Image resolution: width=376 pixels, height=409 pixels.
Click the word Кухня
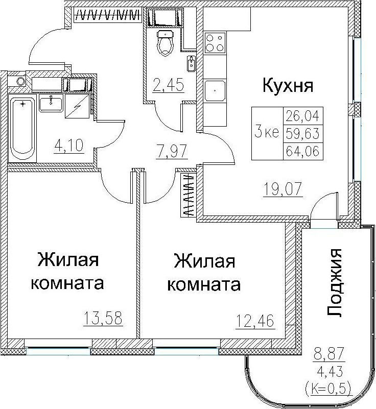point(288,85)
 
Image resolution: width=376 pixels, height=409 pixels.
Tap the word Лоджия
point(334,283)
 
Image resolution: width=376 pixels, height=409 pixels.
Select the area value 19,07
point(283,189)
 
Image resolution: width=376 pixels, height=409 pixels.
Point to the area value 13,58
point(103,318)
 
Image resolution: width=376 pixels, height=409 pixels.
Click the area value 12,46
point(255,321)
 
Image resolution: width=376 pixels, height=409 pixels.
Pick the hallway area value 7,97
point(172,151)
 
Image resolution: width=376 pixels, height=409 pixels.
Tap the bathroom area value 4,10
point(69,146)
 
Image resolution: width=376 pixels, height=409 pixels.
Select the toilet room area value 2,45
point(169,85)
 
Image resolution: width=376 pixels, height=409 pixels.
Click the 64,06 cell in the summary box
point(303,151)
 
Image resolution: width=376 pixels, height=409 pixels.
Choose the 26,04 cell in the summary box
point(303,115)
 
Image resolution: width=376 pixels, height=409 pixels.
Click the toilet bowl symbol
point(165,43)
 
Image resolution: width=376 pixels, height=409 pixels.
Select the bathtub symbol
point(22,128)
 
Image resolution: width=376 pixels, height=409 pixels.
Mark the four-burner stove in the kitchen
point(215,43)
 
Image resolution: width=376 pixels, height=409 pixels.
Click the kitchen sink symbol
point(215,90)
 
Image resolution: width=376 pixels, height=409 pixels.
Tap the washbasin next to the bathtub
point(51,103)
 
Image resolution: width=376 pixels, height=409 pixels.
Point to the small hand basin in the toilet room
point(191,63)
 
